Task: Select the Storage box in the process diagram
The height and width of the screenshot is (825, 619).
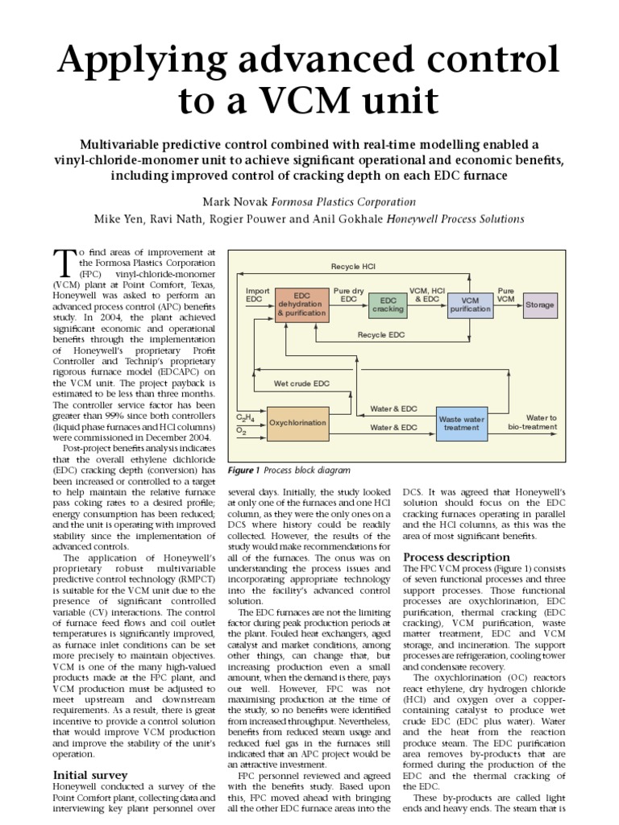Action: pyautogui.click(x=540, y=305)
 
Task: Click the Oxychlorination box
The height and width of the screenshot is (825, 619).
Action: pyautogui.click(x=297, y=422)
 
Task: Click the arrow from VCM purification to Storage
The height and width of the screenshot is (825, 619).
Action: pyautogui.click(x=508, y=305)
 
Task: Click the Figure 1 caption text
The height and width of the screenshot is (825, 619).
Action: pyautogui.click(x=289, y=470)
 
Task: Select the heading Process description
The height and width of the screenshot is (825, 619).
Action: pyautogui.click(x=456, y=557)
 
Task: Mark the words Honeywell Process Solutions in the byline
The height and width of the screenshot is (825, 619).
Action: pyautogui.click(x=456, y=218)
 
